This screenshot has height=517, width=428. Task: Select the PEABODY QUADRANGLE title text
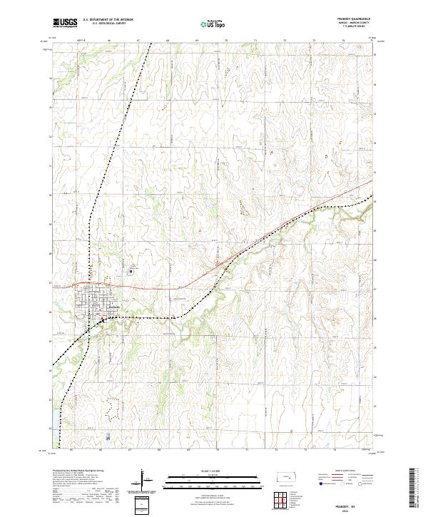(354, 20)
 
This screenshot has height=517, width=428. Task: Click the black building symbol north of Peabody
(131, 270)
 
